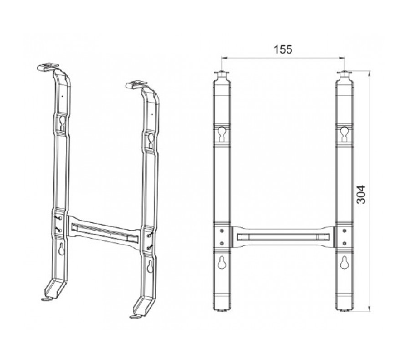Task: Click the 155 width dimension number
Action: pos(283,49)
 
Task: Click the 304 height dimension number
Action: pos(361,195)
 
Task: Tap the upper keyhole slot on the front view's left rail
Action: pos(222,133)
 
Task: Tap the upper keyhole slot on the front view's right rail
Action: pos(345,133)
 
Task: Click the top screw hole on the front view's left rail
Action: pos(222,231)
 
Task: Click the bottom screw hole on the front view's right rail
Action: pos(345,243)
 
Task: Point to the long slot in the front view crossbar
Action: pos(283,237)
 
